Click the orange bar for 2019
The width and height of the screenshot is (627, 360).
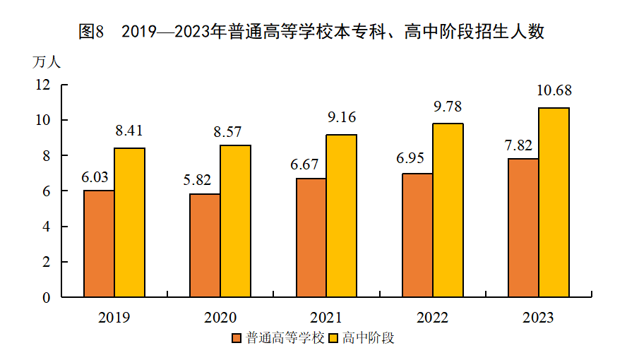pos(99,244)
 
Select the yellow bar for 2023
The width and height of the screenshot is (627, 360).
pos(554,203)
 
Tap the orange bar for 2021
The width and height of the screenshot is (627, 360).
pos(311,238)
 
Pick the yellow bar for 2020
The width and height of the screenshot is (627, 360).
pos(235,221)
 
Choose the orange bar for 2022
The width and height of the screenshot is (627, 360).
pos(417,235)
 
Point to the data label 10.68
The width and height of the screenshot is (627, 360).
pos(554,91)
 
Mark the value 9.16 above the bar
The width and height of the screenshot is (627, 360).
pos(342,118)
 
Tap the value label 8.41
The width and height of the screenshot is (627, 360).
pos(129,131)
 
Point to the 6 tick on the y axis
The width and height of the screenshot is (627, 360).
pos(47,191)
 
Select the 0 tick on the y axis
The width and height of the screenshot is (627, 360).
pos(47,298)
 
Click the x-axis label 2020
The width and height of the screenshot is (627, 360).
pos(220,318)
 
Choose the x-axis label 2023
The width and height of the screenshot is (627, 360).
pos(538,318)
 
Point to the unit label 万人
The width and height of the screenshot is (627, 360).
pos(47,62)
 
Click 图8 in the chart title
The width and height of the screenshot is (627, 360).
pos(92,32)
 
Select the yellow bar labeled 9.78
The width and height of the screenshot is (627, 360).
pos(448,210)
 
